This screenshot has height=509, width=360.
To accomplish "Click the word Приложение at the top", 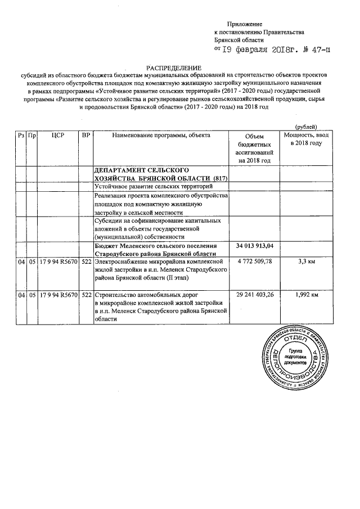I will [245, 24].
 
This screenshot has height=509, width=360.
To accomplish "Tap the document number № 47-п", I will [314, 50].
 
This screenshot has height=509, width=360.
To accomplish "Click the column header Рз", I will [21, 136].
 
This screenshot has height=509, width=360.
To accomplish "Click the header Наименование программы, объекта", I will [161, 136].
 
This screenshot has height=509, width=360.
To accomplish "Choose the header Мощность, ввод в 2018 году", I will [307, 139].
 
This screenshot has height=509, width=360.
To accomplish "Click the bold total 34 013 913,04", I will [255, 246].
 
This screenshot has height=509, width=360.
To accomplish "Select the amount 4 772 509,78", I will [255, 262].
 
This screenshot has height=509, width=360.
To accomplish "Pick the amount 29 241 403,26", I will [255, 294].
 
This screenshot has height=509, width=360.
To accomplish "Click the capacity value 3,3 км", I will [307, 262].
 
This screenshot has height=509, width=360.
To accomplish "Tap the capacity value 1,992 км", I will [307, 294].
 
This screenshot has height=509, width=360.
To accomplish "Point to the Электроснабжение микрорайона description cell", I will [161, 269].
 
